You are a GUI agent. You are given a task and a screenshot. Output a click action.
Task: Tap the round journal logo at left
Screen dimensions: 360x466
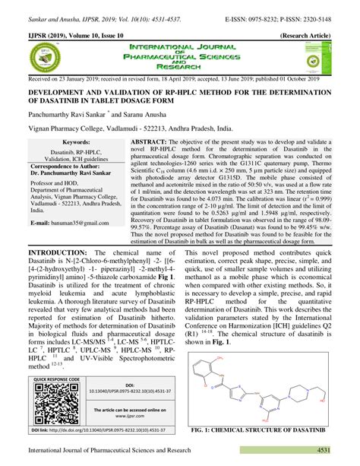(43, 58)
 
